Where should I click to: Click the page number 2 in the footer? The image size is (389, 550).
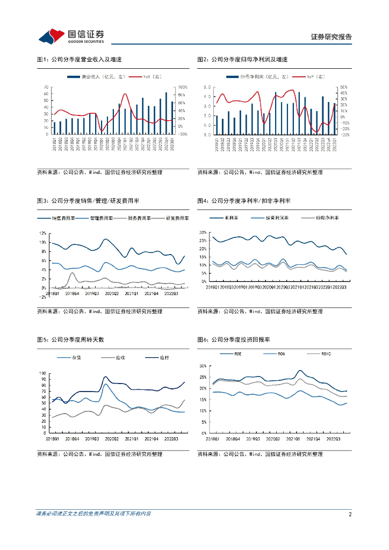(x=350, y=514)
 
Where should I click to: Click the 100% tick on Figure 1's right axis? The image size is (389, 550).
(x=182, y=87)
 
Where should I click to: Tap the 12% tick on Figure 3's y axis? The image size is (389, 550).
(x=45, y=233)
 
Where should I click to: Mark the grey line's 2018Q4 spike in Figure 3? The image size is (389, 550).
(x=72, y=273)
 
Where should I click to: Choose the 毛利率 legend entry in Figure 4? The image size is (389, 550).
(x=231, y=218)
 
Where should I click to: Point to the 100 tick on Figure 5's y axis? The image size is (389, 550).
(x=42, y=373)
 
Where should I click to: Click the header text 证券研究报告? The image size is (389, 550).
(x=332, y=37)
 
